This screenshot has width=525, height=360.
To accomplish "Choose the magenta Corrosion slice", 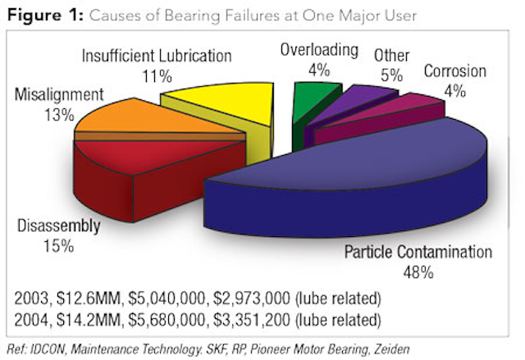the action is pos(381,117).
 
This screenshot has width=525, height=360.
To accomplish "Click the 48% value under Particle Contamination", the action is pos(418,273).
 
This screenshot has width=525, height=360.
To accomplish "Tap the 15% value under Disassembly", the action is pos(58,246).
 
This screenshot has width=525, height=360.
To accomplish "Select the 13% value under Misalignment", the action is pos(59,116).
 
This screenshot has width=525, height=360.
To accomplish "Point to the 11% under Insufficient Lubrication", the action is pos(157,76).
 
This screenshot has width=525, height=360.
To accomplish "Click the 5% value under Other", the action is pos(392,75).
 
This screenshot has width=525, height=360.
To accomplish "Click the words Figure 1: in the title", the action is pos(45,16).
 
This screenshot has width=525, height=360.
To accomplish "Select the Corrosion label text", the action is pos(455,71).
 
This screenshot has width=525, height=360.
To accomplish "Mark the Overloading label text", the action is pos(319,50).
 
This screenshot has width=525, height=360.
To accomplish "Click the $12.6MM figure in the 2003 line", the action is pos(88,298).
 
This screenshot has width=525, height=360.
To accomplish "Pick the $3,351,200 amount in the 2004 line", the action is pos(252,320).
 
